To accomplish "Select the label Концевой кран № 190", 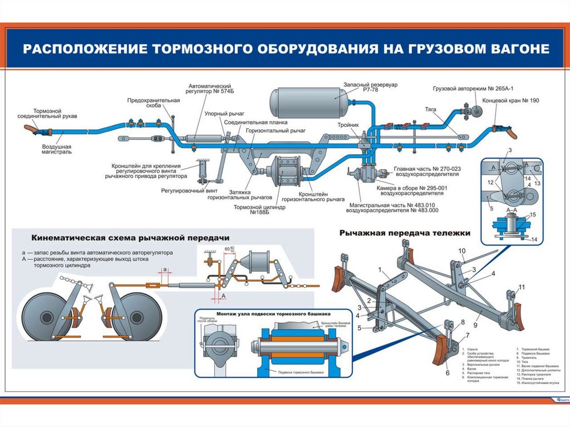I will (x=518, y=100).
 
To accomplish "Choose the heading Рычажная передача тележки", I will (x=405, y=233).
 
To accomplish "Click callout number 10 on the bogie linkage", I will (x=461, y=251).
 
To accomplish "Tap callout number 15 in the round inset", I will (x=533, y=214).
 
